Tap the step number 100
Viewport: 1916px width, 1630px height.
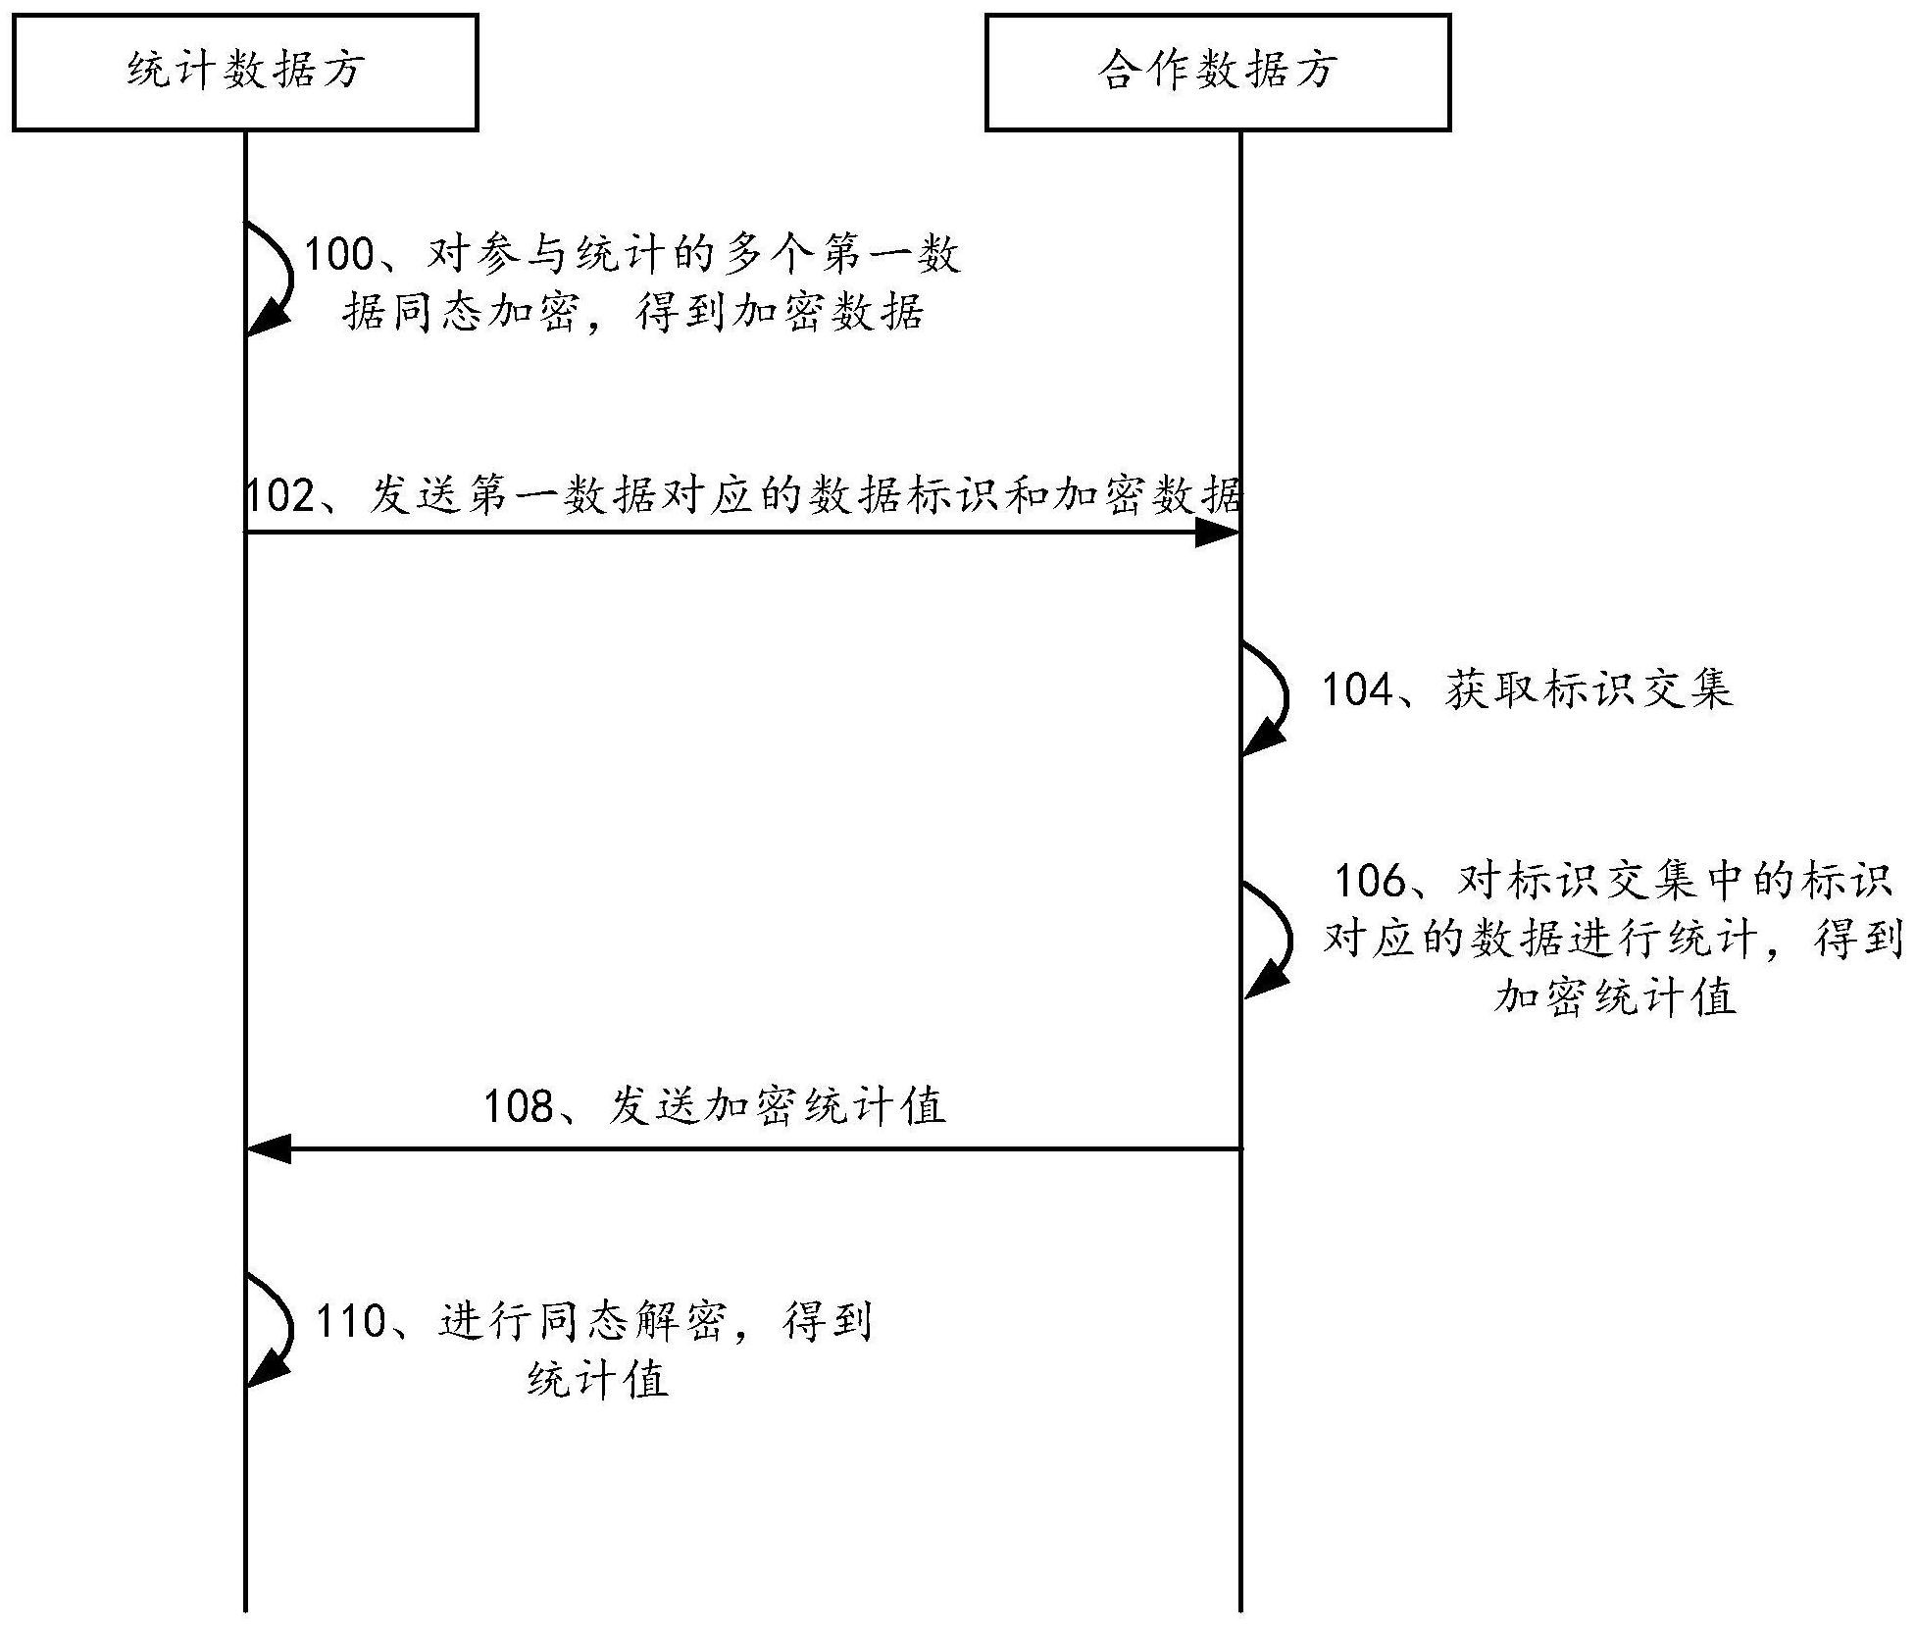click(x=340, y=255)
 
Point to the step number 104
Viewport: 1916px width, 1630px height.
click(x=1358, y=689)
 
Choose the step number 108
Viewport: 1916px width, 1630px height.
click(x=520, y=1106)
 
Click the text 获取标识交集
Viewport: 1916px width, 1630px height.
click(x=1588, y=689)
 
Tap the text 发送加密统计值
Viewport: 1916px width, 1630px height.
click(x=778, y=1106)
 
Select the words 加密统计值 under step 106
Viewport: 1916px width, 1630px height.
click(x=1615, y=997)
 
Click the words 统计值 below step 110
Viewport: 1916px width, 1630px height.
click(x=598, y=1380)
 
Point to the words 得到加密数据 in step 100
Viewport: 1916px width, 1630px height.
click(x=781, y=313)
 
